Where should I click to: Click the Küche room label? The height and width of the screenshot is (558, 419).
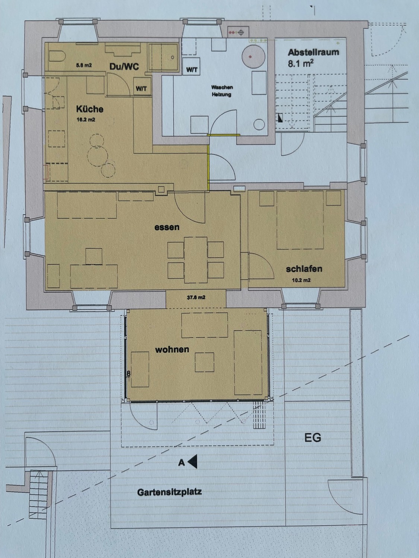tap(89, 109)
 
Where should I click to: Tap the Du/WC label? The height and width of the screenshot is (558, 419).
tap(124, 67)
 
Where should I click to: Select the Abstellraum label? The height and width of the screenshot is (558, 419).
tap(314, 52)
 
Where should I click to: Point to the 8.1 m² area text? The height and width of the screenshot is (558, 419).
tap(301, 63)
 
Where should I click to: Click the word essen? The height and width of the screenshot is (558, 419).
tap(167, 227)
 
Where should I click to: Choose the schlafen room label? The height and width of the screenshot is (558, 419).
tap(304, 269)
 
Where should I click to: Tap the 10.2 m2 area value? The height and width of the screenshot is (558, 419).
tap(301, 280)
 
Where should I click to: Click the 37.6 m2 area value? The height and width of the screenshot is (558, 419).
tap(196, 297)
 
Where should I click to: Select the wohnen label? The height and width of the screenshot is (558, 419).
tap(172, 350)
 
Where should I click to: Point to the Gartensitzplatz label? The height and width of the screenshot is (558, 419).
tap(169, 493)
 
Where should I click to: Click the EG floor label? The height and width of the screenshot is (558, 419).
tap(312, 438)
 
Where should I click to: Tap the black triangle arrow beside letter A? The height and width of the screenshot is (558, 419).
tap(193, 461)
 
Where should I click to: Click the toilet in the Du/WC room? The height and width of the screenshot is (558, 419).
tap(57, 56)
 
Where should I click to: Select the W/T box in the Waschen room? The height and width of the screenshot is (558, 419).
tap(191, 67)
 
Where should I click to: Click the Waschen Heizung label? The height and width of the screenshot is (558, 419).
tap(222, 91)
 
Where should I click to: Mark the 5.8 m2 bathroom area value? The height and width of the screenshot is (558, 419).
tap(84, 65)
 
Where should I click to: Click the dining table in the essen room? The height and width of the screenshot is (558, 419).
tap(196, 260)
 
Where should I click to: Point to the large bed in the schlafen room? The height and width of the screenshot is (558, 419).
tap(300, 220)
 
